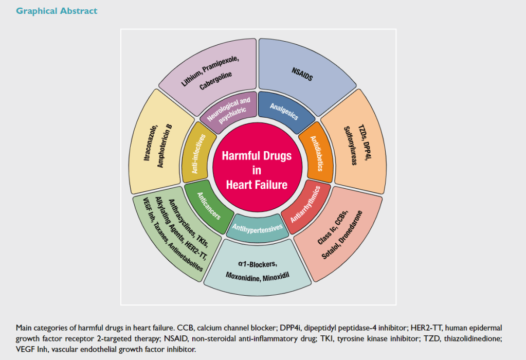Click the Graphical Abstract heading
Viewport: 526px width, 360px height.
pos(57,11)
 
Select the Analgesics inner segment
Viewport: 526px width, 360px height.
pos(284,110)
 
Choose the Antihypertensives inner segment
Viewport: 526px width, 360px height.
pos(258,227)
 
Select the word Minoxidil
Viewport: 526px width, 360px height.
pos(278,276)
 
